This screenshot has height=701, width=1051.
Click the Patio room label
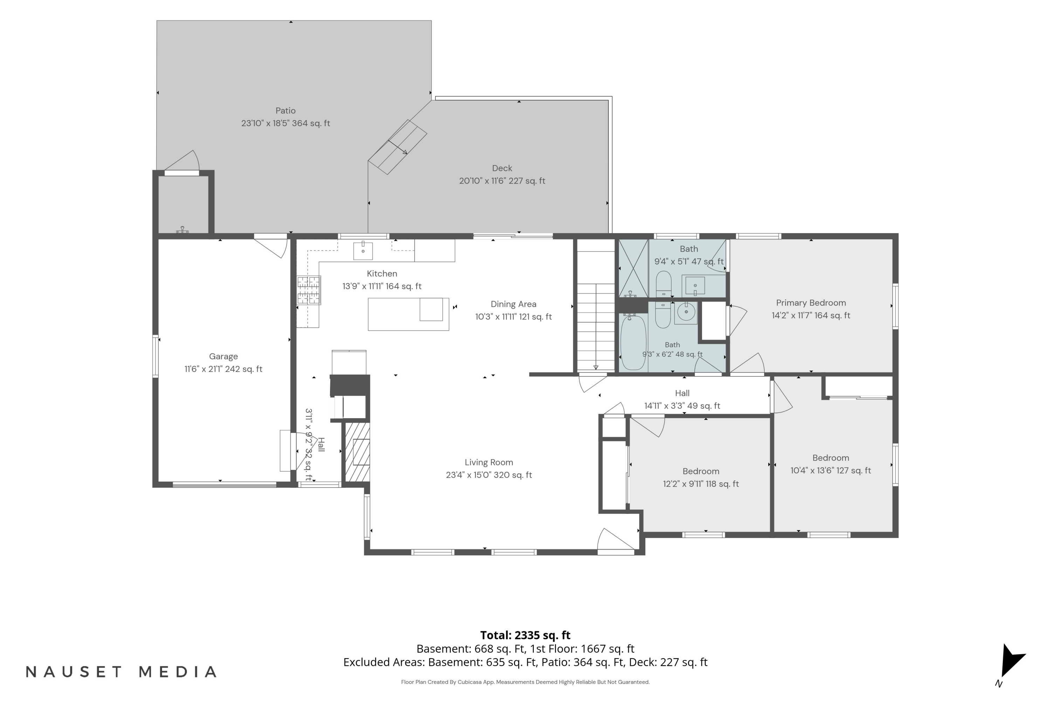(286, 111)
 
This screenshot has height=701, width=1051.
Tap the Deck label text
(502, 169)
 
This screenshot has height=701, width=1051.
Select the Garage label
(224, 357)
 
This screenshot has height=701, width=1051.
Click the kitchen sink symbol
(363, 251)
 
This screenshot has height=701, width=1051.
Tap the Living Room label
(489, 463)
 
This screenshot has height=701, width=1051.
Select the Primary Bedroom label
(811, 303)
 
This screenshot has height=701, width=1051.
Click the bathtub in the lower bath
(633, 342)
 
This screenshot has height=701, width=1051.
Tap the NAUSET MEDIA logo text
(121, 672)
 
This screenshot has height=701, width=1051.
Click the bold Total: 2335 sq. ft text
(525, 635)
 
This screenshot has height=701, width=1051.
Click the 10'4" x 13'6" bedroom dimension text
(831, 471)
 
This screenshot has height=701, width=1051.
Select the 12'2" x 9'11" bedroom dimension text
(701, 484)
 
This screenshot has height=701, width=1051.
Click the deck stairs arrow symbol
(397, 147)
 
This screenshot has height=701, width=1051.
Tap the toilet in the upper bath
(664, 284)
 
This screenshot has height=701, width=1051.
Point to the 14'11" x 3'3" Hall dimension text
(682, 406)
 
